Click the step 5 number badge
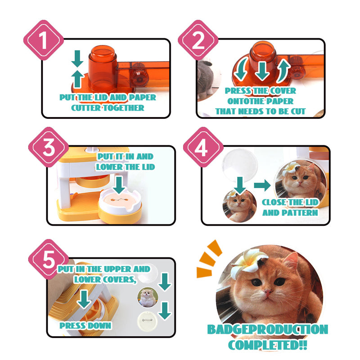tap(49, 260)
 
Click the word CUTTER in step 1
tap(88, 108)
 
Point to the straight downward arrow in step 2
tap(261, 71)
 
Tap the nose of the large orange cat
tap(267, 293)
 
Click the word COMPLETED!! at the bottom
tap(267, 346)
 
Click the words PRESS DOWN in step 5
tap(85, 325)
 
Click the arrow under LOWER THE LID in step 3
tap(119, 183)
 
